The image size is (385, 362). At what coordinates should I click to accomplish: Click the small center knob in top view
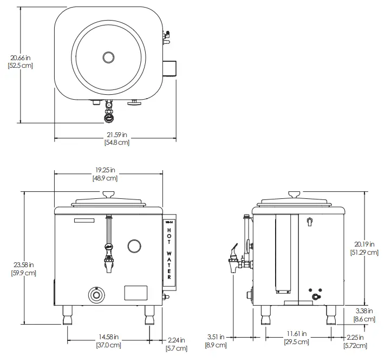click(x=109, y=57)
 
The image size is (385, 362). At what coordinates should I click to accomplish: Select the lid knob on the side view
click(x=295, y=194)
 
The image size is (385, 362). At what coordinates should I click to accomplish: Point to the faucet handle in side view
click(x=234, y=250)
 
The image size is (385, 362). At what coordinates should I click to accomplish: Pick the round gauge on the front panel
click(x=134, y=246)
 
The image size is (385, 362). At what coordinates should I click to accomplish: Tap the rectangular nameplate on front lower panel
click(x=136, y=293)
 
